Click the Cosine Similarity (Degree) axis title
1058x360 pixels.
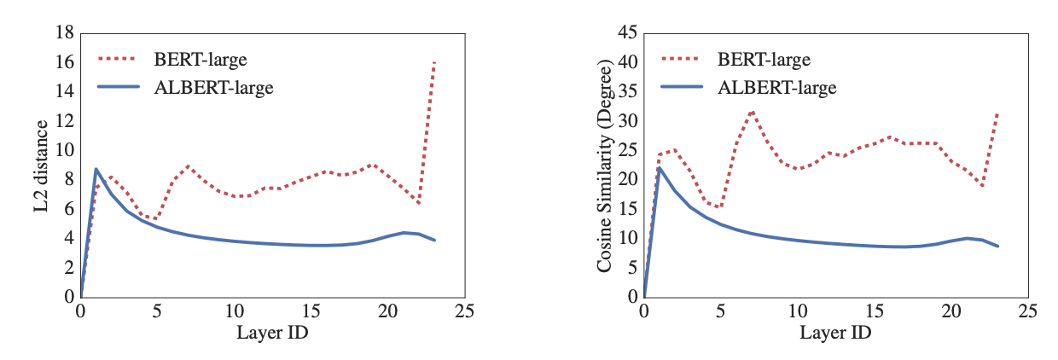coord(605,167)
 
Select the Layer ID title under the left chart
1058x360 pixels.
coord(272,333)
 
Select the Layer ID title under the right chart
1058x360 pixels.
coord(835,333)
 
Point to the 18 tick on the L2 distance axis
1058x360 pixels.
coord(63,33)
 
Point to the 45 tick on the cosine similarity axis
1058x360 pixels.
coord(626,33)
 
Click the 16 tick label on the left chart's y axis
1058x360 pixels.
coord(63,62)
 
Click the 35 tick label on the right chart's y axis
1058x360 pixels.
coord(626,91)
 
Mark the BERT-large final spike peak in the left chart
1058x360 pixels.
coord(434,62)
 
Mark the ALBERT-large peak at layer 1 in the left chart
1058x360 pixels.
coord(96,169)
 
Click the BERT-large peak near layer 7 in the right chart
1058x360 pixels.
coord(752,111)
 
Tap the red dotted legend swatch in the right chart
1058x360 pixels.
coord(682,60)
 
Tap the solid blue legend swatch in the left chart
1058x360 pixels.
coord(119,86)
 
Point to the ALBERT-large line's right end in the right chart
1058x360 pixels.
coord(997,247)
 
